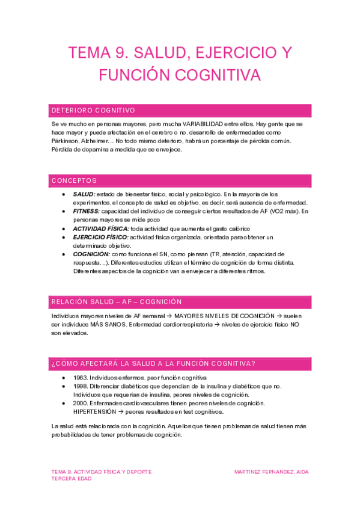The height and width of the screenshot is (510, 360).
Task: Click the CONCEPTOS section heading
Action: click(75, 180)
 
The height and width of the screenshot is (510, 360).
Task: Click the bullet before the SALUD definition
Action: click(64, 194)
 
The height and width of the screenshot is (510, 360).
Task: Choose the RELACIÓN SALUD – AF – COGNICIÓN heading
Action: click(117, 301)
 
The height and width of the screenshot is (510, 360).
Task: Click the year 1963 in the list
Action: click(80, 377)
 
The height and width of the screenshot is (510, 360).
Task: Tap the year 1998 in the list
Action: click(80, 386)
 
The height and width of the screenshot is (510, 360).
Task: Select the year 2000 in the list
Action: click(80, 403)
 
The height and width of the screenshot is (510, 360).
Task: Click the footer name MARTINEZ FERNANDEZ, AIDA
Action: click(271, 472)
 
